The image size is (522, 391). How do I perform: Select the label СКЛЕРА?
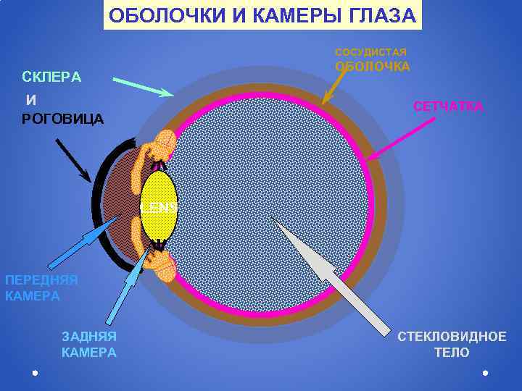click(x=51, y=77)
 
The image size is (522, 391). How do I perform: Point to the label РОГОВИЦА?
click(x=62, y=119)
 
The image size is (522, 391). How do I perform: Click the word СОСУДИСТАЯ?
click(x=370, y=52)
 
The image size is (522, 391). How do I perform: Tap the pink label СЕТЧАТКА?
click(x=448, y=106)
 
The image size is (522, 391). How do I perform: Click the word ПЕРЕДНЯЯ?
click(x=41, y=280)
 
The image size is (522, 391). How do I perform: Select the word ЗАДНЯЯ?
click(x=89, y=336)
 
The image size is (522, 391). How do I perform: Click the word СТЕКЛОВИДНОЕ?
click(x=452, y=336)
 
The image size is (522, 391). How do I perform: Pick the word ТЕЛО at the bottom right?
click(x=451, y=353)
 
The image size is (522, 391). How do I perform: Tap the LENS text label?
click(x=159, y=206)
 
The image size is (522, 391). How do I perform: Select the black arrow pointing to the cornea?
click(x=72, y=159)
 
